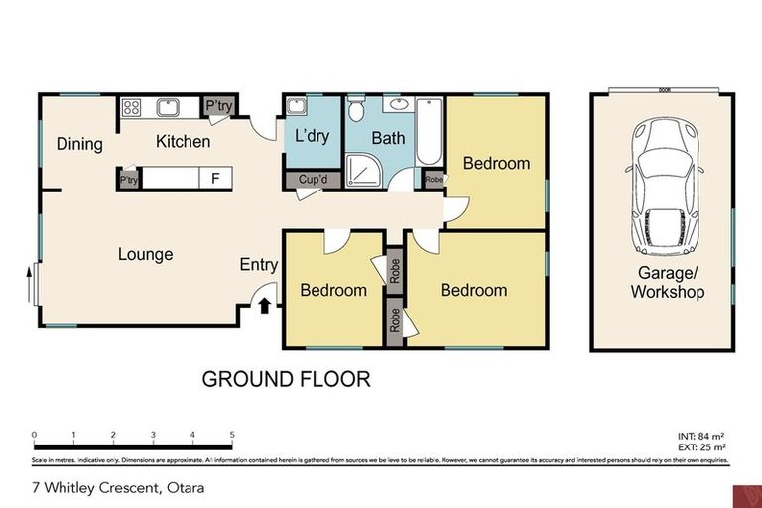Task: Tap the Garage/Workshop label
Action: coord(667,283)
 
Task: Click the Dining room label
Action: coord(79,144)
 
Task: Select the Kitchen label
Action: coord(183,142)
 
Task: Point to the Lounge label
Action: coord(146,254)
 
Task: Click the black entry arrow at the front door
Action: coord(264,306)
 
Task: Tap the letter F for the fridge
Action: coord(214,180)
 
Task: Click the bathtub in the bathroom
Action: coord(429,131)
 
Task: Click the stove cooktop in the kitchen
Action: coord(133,106)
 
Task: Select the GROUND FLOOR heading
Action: coord(286,378)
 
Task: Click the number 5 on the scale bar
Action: coord(232,435)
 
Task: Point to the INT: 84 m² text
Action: coord(699,436)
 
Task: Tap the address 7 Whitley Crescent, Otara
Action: coord(110,488)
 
